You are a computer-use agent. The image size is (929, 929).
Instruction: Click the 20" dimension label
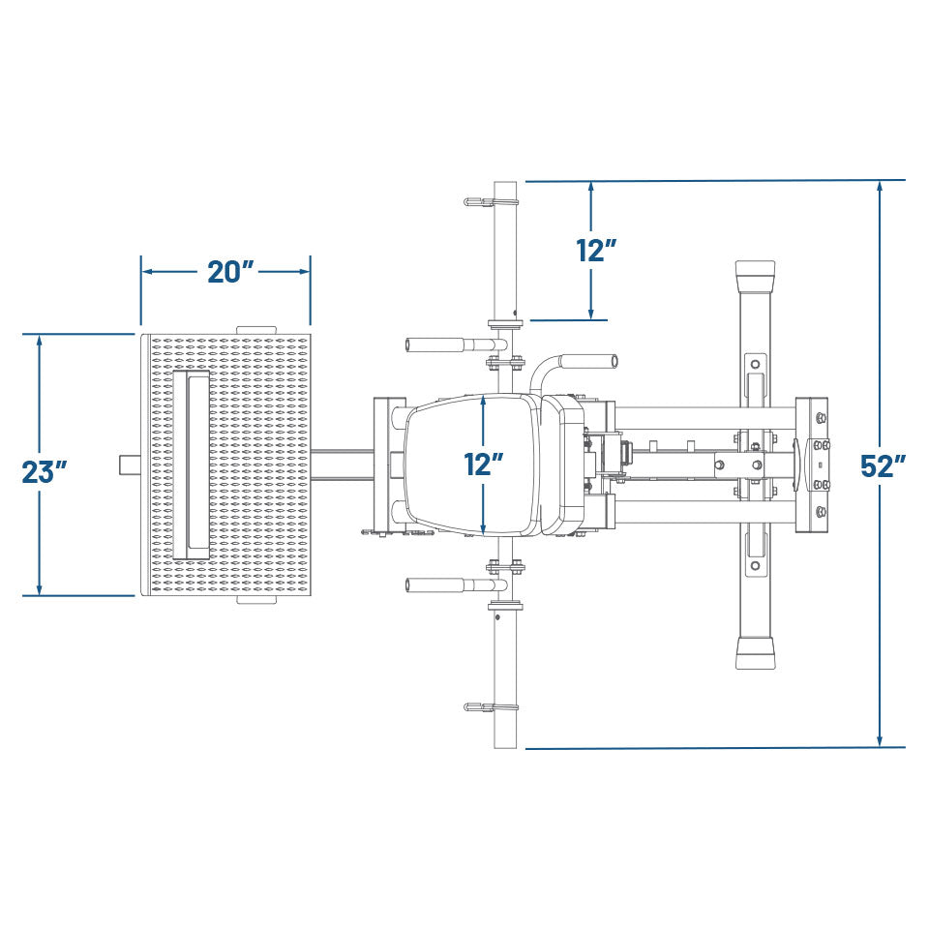[x=230, y=272]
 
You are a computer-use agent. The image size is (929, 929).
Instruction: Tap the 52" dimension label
[x=884, y=465]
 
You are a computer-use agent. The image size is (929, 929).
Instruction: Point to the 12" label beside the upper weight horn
[x=597, y=251]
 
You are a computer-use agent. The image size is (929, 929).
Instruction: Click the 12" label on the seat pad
[x=483, y=464]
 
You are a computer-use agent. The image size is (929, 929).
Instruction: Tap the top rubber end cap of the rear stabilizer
[x=756, y=275]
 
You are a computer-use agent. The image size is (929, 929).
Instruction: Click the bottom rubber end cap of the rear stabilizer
[x=756, y=653]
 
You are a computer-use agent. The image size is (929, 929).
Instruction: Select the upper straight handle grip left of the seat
[x=436, y=345]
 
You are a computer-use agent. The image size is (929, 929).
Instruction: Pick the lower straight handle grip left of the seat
[x=436, y=584]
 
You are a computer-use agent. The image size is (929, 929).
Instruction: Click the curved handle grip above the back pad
[x=587, y=361]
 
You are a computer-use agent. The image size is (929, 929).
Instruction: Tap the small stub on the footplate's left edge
[x=130, y=464]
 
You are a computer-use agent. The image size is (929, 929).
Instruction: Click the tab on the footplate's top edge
[x=255, y=330]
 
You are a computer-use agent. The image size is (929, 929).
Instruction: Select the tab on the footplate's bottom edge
[x=256, y=600]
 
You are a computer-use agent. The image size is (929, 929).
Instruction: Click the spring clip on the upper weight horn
[x=491, y=202]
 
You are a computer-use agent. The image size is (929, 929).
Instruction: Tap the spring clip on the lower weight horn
[x=491, y=707]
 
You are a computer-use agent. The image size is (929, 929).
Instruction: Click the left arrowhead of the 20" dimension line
[x=148, y=272]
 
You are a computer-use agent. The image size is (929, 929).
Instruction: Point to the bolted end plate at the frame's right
[x=812, y=464]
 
